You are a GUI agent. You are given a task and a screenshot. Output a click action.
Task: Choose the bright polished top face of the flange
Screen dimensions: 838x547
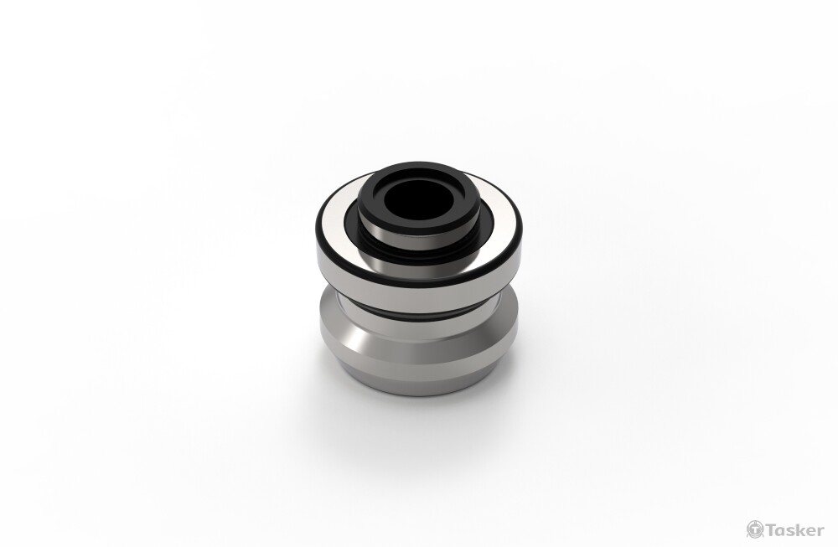pos(331,235)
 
